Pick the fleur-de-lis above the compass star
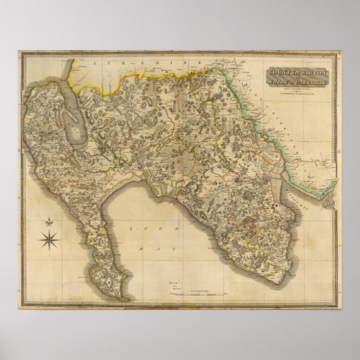point(50,221)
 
